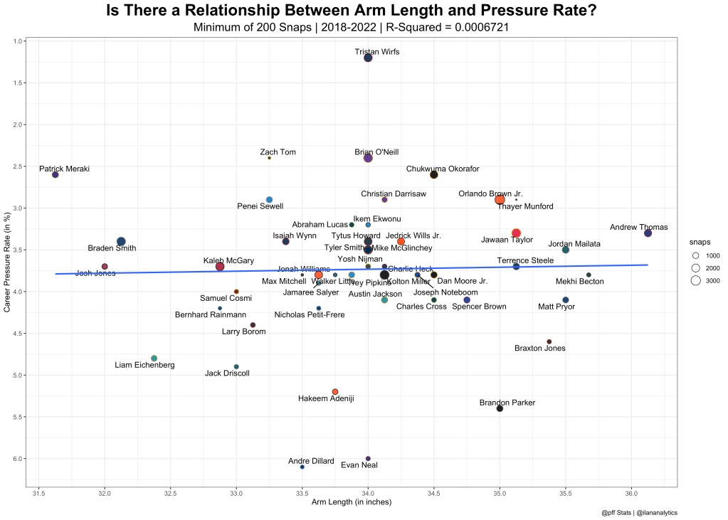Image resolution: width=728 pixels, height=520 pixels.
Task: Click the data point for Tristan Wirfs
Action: (x=368, y=58)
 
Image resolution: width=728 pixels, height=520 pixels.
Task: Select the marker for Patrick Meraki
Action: (x=56, y=174)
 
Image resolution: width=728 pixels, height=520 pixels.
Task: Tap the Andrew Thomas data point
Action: (x=648, y=233)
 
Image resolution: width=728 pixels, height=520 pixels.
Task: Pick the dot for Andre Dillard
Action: (x=302, y=467)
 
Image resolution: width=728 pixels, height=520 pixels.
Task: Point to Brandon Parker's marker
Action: (x=500, y=408)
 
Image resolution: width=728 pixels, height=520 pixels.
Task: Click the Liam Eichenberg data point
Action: (x=154, y=359)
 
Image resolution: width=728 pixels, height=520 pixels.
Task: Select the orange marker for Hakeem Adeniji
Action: (x=335, y=392)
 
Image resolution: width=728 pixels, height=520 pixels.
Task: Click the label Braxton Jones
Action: (x=540, y=349)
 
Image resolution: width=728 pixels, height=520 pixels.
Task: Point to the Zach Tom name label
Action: (x=278, y=152)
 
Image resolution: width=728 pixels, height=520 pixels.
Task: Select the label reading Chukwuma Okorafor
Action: (x=443, y=169)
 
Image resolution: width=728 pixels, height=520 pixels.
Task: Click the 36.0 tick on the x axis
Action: (x=631, y=493)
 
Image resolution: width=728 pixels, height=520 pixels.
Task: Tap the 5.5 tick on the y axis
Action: (x=21, y=417)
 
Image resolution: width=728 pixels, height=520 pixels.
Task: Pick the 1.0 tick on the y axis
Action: (x=21, y=41)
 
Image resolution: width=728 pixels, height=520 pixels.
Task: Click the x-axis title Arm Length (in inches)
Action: (x=352, y=502)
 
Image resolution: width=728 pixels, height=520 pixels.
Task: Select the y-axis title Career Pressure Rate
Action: (x=8, y=263)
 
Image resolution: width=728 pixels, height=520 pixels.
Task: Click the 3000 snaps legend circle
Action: (x=696, y=281)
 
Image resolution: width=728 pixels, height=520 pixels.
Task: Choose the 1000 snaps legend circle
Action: (x=696, y=255)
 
